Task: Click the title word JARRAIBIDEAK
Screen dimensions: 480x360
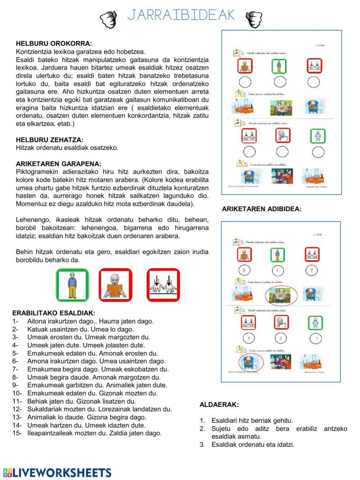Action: tap(181, 15)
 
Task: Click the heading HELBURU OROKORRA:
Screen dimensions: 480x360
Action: tap(54, 44)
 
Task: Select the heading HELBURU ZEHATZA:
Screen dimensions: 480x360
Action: tap(49, 140)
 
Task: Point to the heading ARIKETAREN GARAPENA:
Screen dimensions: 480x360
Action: tap(58, 164)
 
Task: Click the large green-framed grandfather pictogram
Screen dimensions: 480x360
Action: tap(72, 285)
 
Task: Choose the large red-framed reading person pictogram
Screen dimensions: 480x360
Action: tap(116, 285)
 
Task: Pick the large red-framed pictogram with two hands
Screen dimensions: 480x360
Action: tap(163, 285)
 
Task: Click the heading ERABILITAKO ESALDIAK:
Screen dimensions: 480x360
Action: tap(54, 313)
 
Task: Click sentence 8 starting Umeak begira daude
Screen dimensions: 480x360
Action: tap(94, 377)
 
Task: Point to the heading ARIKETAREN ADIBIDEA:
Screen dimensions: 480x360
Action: tap(261, 209)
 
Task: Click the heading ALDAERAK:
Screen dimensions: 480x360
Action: tap(219, 405)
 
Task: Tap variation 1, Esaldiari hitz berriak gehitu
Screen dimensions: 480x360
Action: tap(252, 421)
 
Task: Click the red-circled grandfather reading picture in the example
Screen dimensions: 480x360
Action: tap(281, 294)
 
